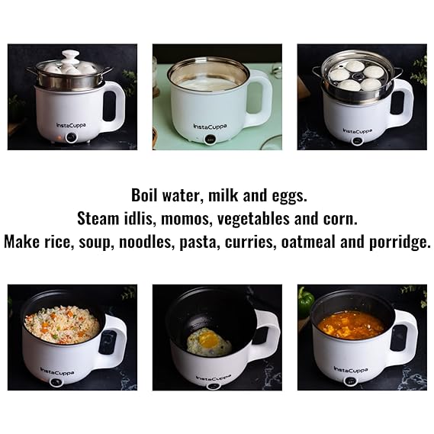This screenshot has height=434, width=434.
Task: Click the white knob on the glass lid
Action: click(x=69, y=56)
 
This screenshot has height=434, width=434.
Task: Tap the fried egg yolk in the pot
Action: click(x=209, y=340)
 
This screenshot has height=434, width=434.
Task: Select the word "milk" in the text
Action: click(x=223, y=195)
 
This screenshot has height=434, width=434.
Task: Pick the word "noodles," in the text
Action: click(x=146, y=242)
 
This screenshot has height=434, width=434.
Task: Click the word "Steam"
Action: click(x=98, y=219)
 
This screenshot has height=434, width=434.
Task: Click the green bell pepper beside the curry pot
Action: click(x=306, y=302)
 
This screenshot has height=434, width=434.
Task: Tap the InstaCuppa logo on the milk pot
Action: click(x=210, y=127)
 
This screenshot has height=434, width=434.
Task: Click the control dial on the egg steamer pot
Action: click(x=72, y=137)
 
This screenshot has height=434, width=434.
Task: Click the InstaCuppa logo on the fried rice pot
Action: click(x=57, y=371)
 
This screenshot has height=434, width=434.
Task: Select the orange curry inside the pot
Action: click(x=351, y=325)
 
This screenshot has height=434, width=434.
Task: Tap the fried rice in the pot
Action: click(x=62, y=324)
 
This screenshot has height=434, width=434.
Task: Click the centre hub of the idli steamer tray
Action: click(x=355, y=76)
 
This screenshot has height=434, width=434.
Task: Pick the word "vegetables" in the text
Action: click(x=253, y=219)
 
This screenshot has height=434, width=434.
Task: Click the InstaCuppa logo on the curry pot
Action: click(x=351, y=370)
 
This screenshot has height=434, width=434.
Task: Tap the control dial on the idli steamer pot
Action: click(x=357, y=141)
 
